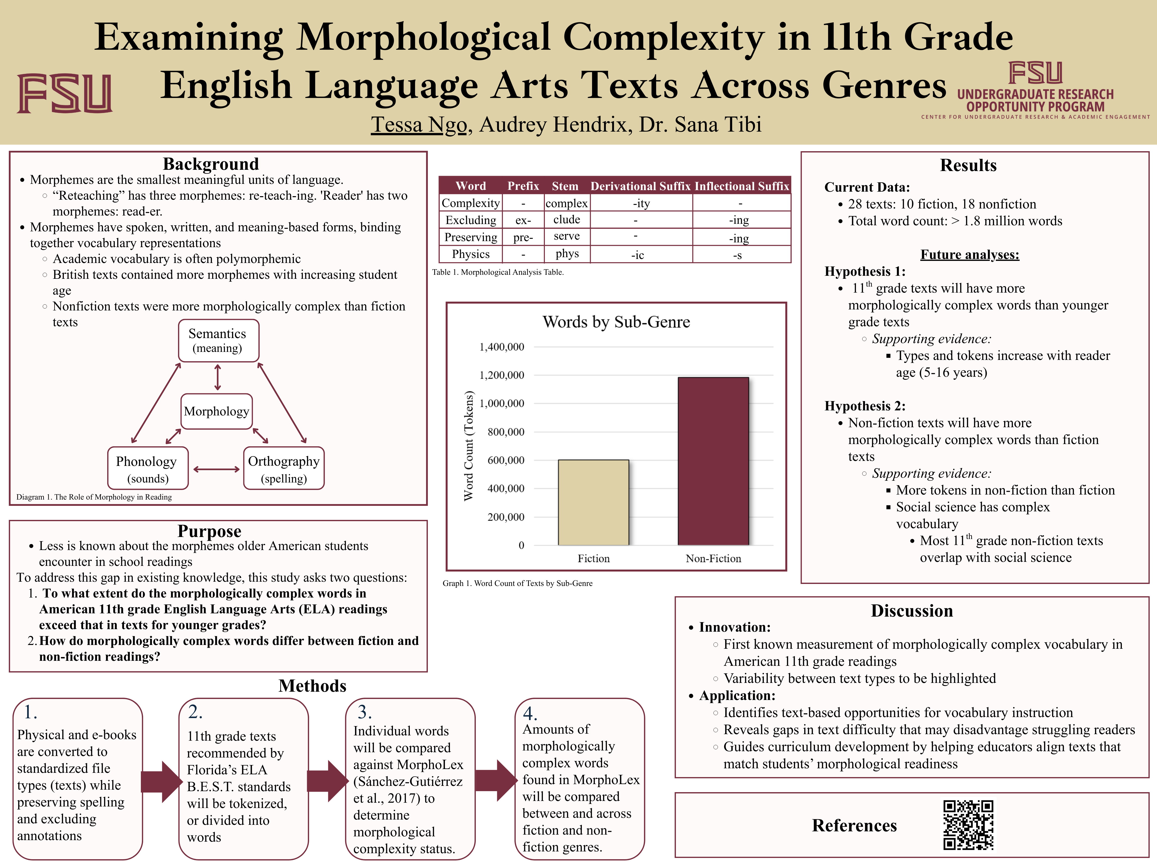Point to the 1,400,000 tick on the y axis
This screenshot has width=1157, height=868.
[502, 347]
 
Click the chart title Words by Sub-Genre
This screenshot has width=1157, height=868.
[616, 322]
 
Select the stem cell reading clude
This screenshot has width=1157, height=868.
[566, 220]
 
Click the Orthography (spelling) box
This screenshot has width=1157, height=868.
[283, 468]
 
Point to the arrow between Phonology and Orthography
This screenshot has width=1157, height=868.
[216, 469]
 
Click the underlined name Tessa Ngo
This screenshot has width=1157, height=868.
[419, 125]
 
